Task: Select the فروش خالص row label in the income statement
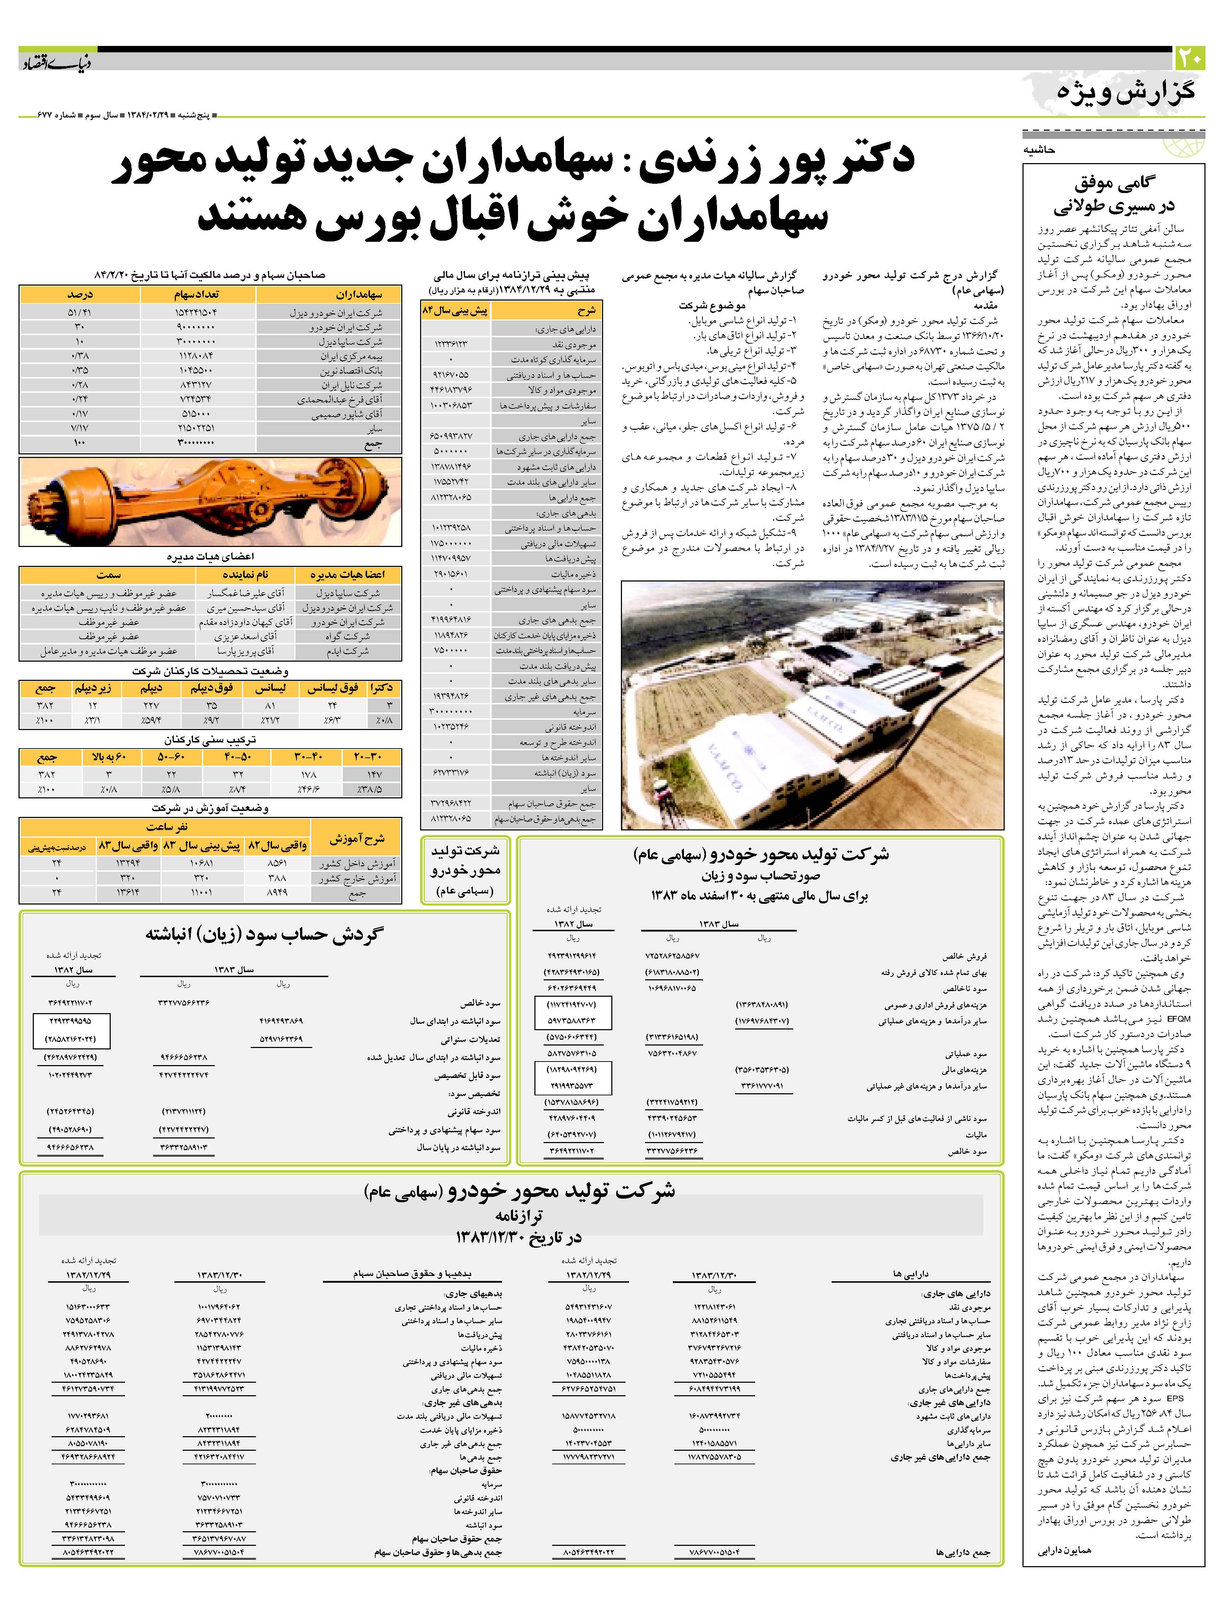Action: point(964,955)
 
